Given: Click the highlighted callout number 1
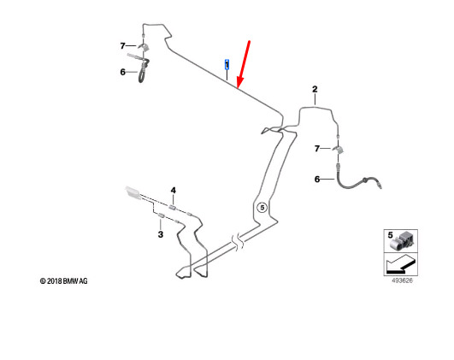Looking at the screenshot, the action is tap(227, 65).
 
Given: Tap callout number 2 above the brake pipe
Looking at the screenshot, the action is tap(315, 89).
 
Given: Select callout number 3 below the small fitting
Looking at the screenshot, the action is tap(161, 234).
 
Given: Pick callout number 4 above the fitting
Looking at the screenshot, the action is tap(174, 191).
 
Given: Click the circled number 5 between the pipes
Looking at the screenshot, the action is tap(262, 208).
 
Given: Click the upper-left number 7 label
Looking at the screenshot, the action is tap(123, 46).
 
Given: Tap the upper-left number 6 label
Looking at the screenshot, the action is tap(123, 72).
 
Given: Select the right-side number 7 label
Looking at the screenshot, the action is tap(317, 149).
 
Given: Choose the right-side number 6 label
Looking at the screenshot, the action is tap(317, 180).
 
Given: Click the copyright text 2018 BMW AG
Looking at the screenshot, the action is tap(64, 281).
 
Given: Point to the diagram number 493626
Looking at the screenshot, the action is tap(402, 280).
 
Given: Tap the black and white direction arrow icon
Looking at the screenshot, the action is tap(401, 264).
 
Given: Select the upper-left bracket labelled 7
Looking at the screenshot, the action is tap(143, 47).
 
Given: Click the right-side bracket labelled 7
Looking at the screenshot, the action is tap(339, 150).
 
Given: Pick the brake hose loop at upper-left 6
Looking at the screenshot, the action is tap(144, 71).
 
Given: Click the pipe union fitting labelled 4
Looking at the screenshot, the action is tap(173, 208).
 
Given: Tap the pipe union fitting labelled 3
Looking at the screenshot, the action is tap(161, 215).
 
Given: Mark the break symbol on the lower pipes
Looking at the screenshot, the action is tap(238, 243).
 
